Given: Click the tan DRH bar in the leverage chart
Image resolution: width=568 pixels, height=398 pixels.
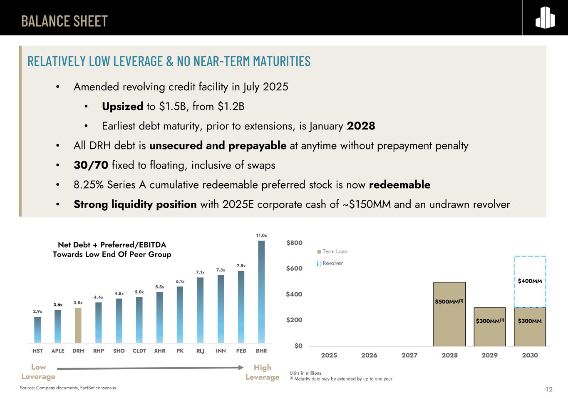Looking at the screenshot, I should click(x=78, y=326).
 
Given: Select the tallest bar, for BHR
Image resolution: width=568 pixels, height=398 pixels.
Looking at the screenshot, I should click(x=261, y=291).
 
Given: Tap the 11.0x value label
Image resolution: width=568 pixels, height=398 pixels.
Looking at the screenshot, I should click(x=261, y=236).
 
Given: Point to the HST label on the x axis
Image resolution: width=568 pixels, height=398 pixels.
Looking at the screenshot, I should click(x=37, y=351).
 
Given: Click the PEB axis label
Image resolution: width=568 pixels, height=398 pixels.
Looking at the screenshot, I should click(x=241, y=351).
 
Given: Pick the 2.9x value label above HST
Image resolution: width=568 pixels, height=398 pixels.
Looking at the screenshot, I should click(x=37, y=311).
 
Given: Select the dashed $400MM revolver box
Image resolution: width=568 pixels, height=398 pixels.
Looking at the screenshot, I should click(x=530, y=281).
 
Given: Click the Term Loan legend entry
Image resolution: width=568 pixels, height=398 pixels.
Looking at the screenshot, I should click(x=332, y=251).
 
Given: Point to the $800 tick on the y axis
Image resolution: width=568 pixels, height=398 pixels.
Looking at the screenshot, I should click(x=294, y=243).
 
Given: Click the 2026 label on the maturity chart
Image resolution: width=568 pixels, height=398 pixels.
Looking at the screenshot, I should click(x=369, y=355).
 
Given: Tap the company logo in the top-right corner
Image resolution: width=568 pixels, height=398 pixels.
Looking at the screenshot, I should click(x=545, y=18).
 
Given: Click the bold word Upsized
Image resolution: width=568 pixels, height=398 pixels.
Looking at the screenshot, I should click(x=123, y=107).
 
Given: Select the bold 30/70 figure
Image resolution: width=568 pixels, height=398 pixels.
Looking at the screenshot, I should click(x=91, y=165).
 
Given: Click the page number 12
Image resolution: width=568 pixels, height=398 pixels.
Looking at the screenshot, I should click(x=549, y=389).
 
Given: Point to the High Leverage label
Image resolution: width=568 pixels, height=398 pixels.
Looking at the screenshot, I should click(x=262, y=372).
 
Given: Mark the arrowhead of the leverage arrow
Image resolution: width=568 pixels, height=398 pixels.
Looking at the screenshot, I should click(x=241, y=367).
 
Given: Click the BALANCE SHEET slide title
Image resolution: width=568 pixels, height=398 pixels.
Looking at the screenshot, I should click(x=64, y=21).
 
